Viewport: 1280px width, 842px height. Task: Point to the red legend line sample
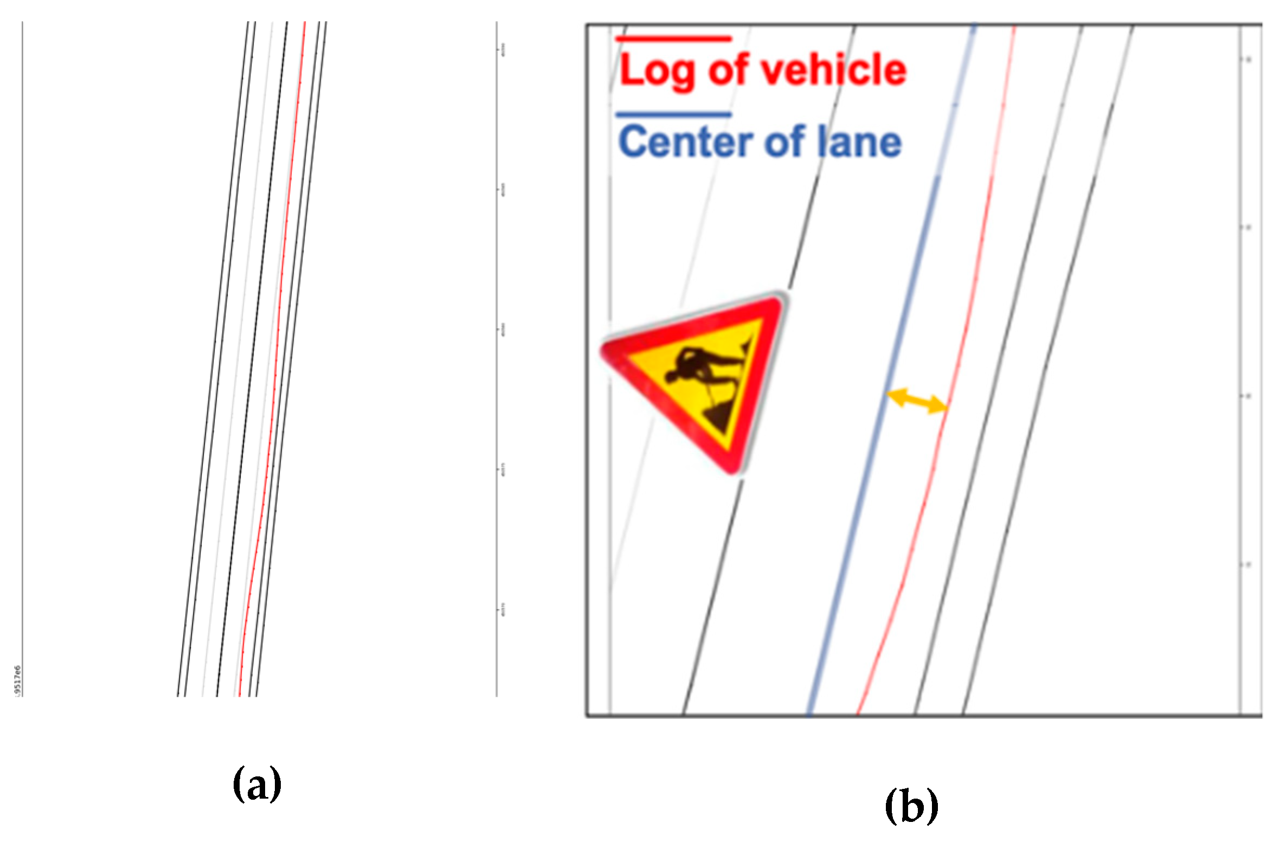(x=673, y=39)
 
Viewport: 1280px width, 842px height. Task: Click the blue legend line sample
(x=673, y=115)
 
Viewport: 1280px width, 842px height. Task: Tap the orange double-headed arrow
(x=917, y=401)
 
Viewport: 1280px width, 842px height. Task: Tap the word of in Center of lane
(x=787, y=142)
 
